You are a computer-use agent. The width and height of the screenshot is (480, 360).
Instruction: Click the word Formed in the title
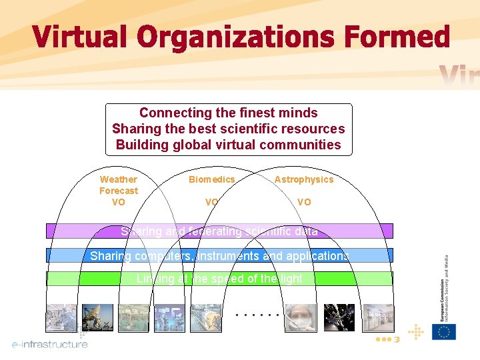(x=397, y=37)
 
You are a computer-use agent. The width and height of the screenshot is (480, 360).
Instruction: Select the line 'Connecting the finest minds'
(x=228, y=113)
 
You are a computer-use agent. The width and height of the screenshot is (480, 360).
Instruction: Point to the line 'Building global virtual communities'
(x=228, y=145)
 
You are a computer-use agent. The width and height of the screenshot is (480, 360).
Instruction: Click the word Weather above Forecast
(x=118, y=179)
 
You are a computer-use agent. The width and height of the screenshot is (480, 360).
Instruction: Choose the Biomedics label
(x=211, y=179)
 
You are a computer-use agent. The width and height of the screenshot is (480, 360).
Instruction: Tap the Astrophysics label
(x=303, y=179)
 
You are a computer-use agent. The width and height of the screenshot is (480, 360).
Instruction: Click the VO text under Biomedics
(x=211, y=202)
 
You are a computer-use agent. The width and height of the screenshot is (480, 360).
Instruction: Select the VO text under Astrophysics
(x=303, y=202)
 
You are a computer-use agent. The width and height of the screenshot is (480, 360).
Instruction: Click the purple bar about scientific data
(x=219, y=231)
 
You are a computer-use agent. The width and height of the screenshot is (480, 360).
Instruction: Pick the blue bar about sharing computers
(x=219, y=255)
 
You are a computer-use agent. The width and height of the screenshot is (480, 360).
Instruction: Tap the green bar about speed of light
(x=219, y=279)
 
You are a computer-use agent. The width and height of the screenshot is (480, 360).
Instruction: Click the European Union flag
(x=443, y=331)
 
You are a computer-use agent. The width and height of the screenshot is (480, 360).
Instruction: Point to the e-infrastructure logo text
(x=50, y=344)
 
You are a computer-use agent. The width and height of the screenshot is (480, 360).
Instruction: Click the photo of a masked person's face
(x=302, y=318)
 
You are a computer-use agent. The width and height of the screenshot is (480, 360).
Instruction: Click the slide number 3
(x=396, y=340)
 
